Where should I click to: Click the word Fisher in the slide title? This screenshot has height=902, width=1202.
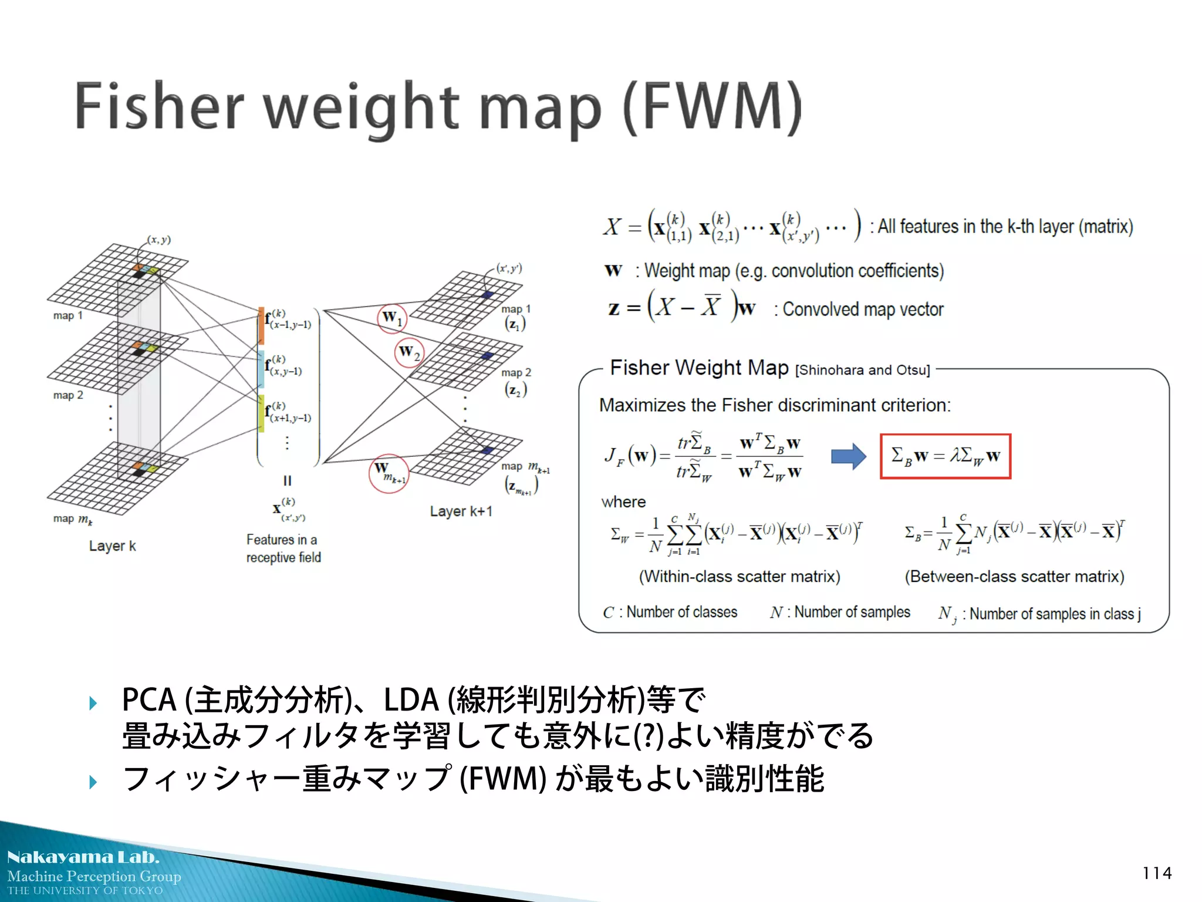[x=158, y=107]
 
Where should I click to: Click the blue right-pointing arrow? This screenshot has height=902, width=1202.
[x=848, y=456]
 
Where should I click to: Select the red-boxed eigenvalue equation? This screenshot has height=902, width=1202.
[x=945, y=456]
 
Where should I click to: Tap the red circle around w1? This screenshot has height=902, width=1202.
[x=392, y=319]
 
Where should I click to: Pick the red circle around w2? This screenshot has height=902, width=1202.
[x=409, y=353]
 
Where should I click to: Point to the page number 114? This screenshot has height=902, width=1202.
[x=1157, y=873]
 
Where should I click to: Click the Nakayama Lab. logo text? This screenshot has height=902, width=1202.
[x=83, y=857]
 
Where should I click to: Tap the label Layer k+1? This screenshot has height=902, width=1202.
[x=461, y=511]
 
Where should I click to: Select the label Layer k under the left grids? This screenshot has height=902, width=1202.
[x=112, y=546]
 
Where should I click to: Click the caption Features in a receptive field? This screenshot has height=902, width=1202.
[x=283, y=548]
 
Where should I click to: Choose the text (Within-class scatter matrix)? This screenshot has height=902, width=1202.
[x=740, y=577]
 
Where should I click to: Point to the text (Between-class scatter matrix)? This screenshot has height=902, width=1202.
[x=1014, y=577]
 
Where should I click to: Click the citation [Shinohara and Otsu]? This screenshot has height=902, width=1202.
[x=862, y=371]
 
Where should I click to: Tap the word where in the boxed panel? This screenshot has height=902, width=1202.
[x=623, y=502]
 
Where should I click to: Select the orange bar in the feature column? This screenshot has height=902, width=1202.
[x=261, y=325]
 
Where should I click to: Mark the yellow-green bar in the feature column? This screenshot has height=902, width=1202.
[x=261, y=413]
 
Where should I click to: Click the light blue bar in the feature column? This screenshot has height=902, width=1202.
[x=261, y=369]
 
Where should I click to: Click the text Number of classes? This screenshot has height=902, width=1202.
[x=681, y=612]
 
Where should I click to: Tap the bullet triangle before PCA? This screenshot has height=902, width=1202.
[x=93, y=703]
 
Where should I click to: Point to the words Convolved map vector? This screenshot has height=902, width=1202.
[x=863, y=309]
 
